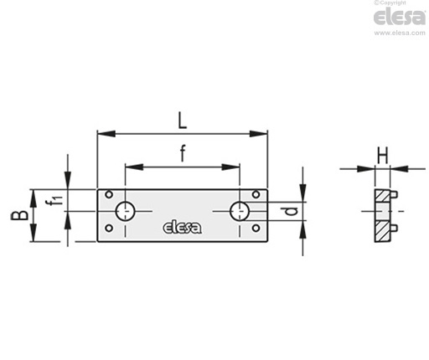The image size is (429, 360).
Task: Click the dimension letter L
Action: (x=182, y=121)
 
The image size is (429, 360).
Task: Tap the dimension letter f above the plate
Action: (x=183, y=153)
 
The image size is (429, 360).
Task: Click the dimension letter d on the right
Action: (x=292, y=211)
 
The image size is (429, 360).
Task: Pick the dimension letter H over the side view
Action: (x=382, y=156)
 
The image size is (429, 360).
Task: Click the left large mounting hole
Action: (x=126, y=211)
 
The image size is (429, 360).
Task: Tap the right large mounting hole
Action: (x=240, y=211)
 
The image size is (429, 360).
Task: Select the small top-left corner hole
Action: (x=109, y=194)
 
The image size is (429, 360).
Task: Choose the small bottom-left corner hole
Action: (x=109, y=229)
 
